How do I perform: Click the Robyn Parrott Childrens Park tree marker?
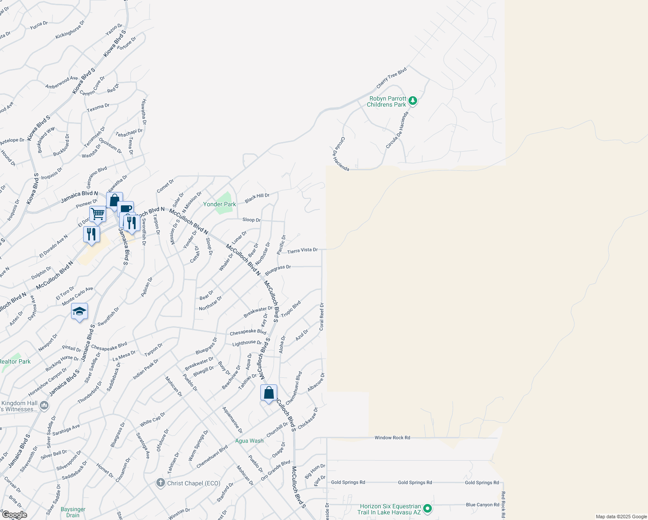[413, 101]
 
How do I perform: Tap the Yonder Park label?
[220, 204]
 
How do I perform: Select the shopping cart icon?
[98, 214]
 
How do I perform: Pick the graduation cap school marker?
[79, 311]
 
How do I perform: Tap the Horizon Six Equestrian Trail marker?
[427, 508]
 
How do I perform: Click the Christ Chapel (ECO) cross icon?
[160, 483]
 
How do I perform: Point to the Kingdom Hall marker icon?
[44, 406]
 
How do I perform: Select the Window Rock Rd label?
[392, 438]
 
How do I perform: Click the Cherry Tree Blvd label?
[391, 77]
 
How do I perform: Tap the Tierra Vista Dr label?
[302, 250]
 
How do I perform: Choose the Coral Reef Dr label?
[321, 316]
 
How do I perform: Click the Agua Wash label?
[249, 441]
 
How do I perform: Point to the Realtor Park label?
[15, 361]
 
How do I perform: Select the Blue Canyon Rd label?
[483, 504]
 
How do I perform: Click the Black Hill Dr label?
[257, 198]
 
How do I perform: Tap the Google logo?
[14, 515]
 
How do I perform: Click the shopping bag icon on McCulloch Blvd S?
[269, 393]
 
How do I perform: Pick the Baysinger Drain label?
[73, 512]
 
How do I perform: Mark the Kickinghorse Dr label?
[70, 29]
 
